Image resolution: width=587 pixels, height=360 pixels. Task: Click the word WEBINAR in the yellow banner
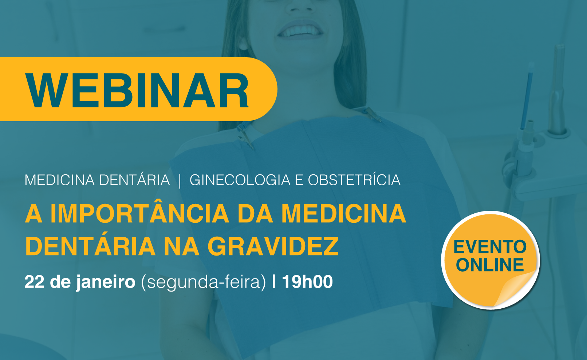pyautogui.click(x=137, y=90)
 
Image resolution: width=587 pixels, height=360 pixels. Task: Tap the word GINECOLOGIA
pyautogui.click(x=240, y=180)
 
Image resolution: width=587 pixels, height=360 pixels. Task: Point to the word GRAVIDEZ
pyautogui.click(x=273, y=246)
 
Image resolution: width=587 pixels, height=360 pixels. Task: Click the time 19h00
pyautogui.click(x=307, y=282)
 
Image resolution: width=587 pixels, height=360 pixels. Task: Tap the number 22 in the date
pyautogui.click(x=34, y=282)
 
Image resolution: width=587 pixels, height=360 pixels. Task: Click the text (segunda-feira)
pyautogui.click(x=203, y=282)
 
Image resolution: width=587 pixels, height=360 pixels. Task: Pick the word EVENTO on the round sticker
pyautogui.click(x=490, y=246)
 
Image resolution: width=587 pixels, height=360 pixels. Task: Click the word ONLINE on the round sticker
pyautogui.click(x=490, y=265)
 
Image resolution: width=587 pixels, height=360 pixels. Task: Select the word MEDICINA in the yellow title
pyautogui.click(x=344, y=214)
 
